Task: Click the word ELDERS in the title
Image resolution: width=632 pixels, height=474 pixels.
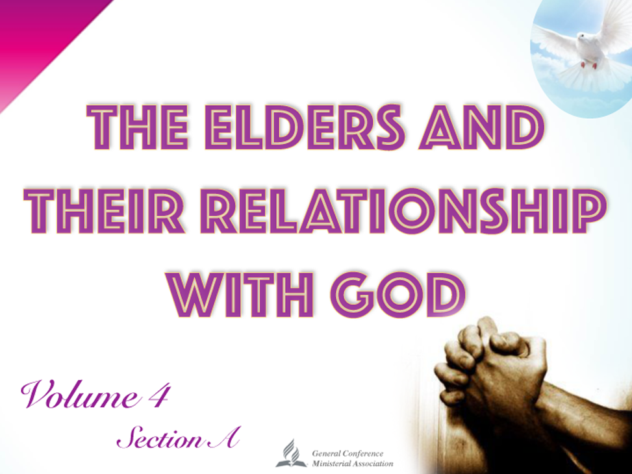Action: pyautogui.click(x=305, y=127)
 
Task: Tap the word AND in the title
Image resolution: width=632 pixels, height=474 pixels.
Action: pyautogui.click(x=482, y=127)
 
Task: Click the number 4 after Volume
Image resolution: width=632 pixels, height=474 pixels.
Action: pyautogui.click(x=158, y=394)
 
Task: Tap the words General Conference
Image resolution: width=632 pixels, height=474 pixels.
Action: pyautogui.click(x=348, y=454)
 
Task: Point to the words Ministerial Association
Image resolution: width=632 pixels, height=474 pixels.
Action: pyautogui.click(x=352, y=464)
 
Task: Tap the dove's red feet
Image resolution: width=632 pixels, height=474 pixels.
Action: pyautogui.click(x=588, y=64)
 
